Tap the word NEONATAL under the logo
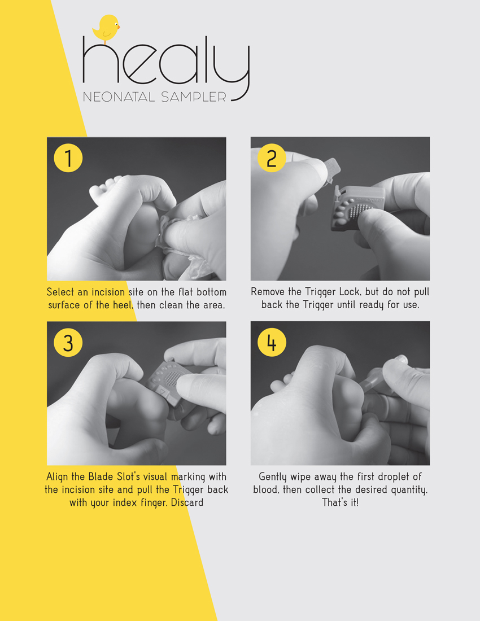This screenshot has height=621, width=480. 119,97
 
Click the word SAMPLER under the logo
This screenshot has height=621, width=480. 194,97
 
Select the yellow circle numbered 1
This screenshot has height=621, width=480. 68,158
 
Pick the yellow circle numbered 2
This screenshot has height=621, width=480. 272,158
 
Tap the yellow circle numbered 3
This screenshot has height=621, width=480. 68,342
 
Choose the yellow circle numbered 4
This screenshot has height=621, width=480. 272,342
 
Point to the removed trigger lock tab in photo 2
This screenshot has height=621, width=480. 331,170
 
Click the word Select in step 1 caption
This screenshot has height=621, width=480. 60,292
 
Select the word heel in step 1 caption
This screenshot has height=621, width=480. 122,305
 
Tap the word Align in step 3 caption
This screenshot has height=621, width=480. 58,476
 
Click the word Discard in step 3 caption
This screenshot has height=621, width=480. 187,502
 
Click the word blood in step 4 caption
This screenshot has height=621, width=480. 266,489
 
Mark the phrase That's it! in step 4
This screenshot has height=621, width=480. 340,502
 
